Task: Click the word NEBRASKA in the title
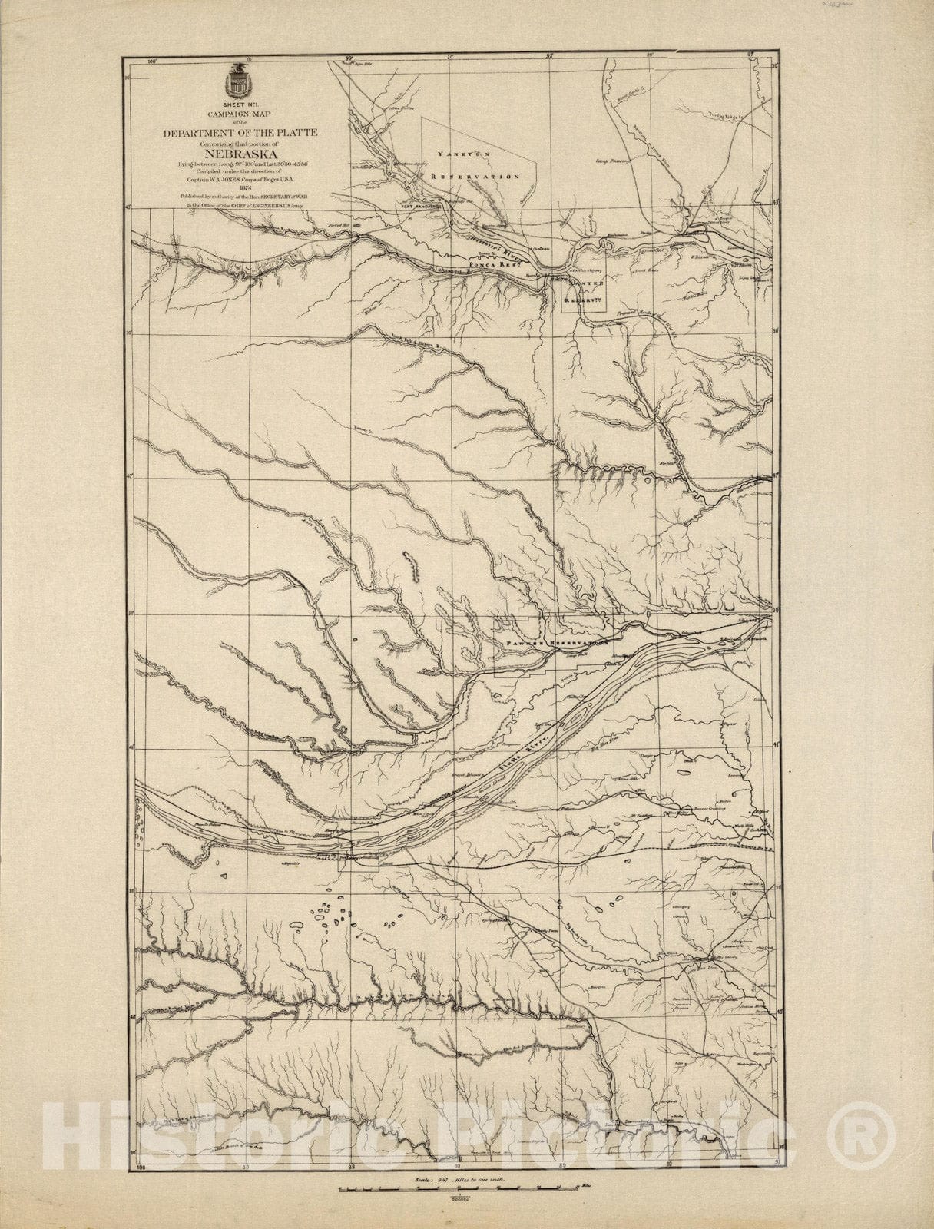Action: pos(238,151)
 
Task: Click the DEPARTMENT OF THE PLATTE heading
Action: pos(238,131)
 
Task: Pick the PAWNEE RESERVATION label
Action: pos(556,642)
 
